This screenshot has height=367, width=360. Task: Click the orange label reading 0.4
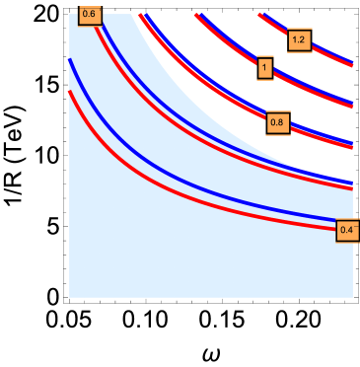(x=346, y=230)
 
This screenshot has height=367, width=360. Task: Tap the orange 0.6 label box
(x=90, y=14)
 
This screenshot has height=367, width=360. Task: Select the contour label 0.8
(x=276, y=122)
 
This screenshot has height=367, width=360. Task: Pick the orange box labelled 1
(x=264, y=68)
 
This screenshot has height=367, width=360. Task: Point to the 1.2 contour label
(x=300, y=40)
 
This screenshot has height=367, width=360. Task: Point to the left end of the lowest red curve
(x=69, y=92)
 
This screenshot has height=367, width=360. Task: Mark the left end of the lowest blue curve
(x=69, y=60)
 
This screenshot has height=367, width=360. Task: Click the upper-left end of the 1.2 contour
(x=261, y=15)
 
